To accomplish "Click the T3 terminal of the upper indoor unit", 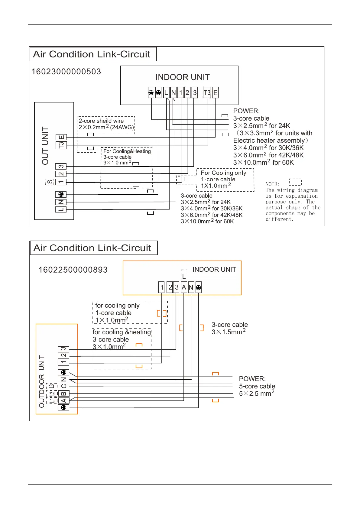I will click(207, 93).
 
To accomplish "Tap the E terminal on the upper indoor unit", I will click(215, 93).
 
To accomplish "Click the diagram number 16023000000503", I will click(66, 72).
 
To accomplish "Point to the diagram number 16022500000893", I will click(73, 270).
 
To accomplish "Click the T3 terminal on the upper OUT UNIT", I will click(61, 145).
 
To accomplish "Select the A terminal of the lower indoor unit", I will click(184, 287).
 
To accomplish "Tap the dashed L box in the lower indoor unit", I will click(184, 276).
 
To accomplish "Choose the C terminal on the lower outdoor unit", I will click(63, 386).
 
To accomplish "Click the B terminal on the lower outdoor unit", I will click(63, 393).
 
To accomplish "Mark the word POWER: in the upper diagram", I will click(246, 111).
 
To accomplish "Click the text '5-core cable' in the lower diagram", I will click(257, 386).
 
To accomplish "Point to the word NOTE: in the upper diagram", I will click(272, 184).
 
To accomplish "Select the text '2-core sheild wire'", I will click(101, 121).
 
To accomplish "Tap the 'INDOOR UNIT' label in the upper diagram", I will click(183, 77).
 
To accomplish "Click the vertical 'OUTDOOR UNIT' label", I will click(42, 381).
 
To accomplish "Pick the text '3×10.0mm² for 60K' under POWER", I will click(263, 162).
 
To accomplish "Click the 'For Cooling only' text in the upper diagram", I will click(223, 173).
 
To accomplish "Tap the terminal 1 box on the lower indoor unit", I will click(162, 287).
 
